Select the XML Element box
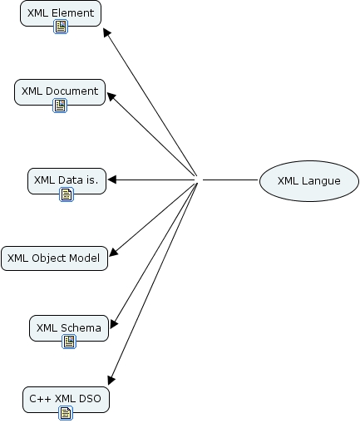[x=61, y=13]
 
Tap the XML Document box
[x=60, y=91]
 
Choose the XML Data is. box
[x=67, y=180]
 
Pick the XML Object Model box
[x=54, y=258]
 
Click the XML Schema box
[x=69, y=327]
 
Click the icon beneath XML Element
[x=61, y=27]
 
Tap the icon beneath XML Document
[x=60, y=106]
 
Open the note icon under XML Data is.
[x=67, y=194]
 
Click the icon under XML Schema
[x=69, y=342]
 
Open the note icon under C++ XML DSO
[x=66, y=413]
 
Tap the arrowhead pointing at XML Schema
[x=114, y=323]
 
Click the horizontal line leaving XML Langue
[x=230, y=180]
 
